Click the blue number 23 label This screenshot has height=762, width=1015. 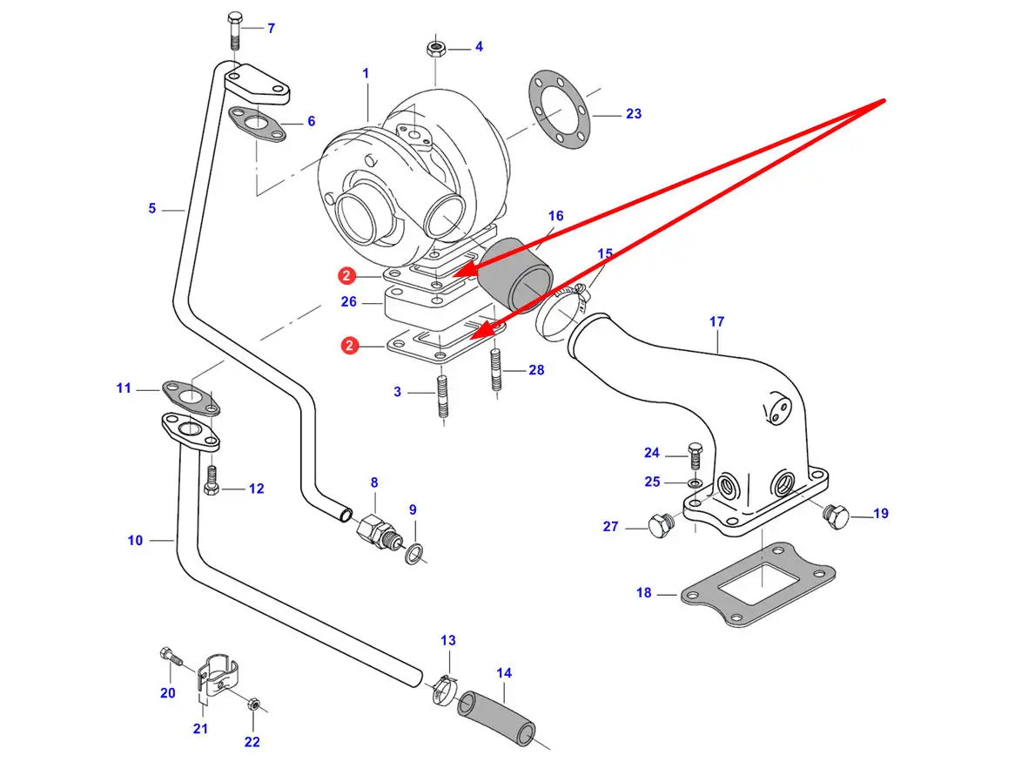coord(634,114)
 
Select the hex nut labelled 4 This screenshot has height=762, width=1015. coord(435,47)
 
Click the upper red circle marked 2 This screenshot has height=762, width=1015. coord(346,276)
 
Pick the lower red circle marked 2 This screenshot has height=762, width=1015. coord(349,346)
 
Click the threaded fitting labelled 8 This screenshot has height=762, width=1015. coord(376,528)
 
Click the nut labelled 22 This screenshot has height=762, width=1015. coord(252,704)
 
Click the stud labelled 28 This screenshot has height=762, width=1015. coord(497,370)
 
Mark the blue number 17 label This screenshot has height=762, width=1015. coord(716,322)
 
